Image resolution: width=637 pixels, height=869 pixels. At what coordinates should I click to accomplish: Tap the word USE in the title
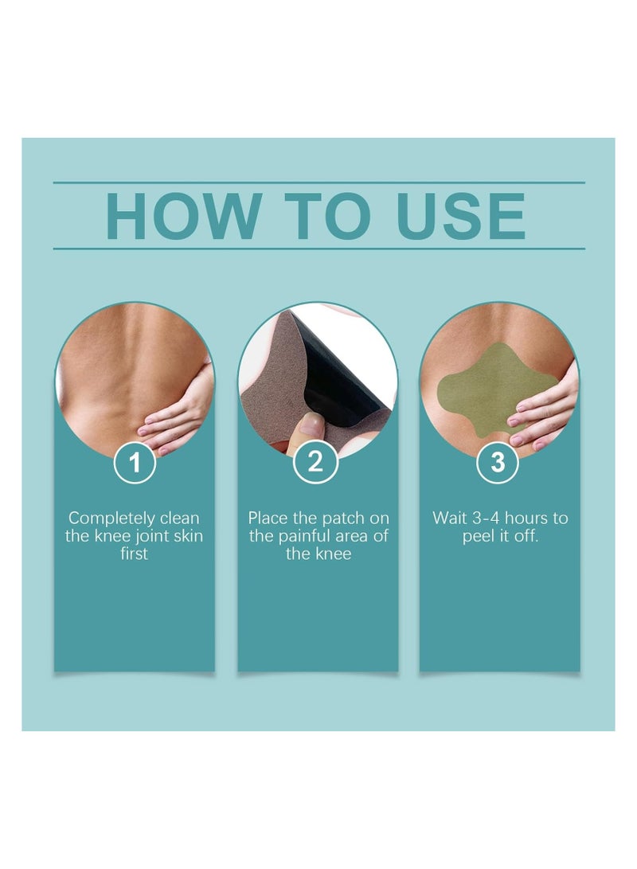[x=462, y=215]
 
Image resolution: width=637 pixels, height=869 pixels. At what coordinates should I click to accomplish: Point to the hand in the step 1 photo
[x=179, y=418]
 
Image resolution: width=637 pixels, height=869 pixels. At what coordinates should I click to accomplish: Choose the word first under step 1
[x=134, y=554]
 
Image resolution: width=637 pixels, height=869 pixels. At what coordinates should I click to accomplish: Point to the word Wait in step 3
[x=449, y=519]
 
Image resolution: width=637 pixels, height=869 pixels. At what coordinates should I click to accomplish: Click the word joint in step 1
[x=156, y=536]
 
